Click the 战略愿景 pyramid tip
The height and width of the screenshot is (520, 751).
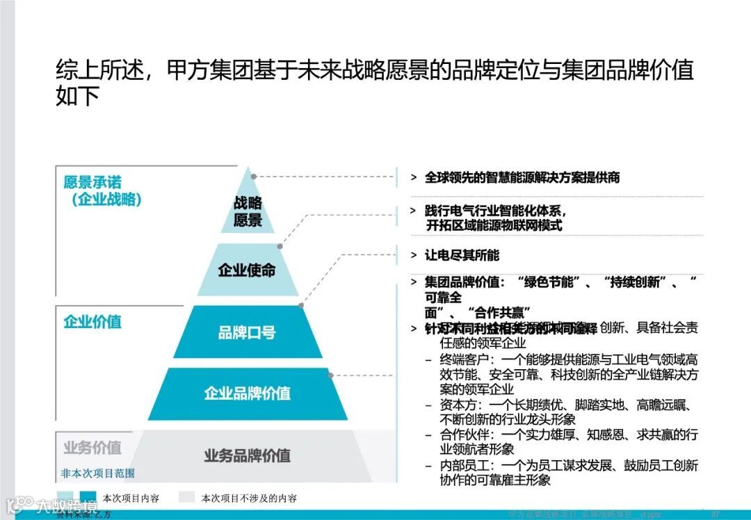(x=248, y=211)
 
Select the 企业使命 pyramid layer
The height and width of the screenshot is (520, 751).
(x=247, y=270)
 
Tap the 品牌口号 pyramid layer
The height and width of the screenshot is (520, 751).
(x=247, y=332)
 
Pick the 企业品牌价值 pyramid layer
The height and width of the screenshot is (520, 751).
(x=248, y=393)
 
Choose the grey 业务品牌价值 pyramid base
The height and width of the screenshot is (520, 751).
(x=248, y=456)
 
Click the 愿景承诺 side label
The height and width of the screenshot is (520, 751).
(x=92, y=182)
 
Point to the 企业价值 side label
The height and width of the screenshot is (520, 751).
(x=92, y=322)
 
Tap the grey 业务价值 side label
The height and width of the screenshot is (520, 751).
(x=92, y=447)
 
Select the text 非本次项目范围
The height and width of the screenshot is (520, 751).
(x=97, y=473)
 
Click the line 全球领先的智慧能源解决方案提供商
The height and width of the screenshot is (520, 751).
(x=522, y=178)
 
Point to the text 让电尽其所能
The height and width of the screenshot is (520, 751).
(x=462, y=255)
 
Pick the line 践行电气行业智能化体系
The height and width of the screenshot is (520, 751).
(x=496, y=211)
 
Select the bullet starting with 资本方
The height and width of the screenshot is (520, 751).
(x=563, y=412)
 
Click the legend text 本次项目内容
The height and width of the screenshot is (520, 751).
(x=131, y=498)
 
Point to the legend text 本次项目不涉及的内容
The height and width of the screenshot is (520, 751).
(x=249, y=498)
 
